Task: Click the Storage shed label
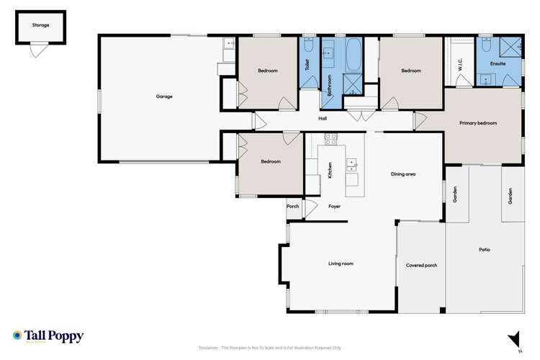[x=40, y=24]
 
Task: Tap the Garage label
[x=164, y=96]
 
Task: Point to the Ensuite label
[x=498, y=64]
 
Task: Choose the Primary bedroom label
[x=478, y=123]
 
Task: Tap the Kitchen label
[x=330, y=171]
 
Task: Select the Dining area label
[x=402, y=174]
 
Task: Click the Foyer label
[x=334, y=207]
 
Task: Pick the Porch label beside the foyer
[x=292, y=207]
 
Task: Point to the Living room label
[x=341, y=264]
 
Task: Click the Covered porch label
[x=421, y=265]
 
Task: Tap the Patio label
[x=485, y=250]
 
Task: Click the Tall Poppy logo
[x=48, y=336]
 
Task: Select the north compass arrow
[x=513, y=338]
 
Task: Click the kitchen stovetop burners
[x=331, y=138]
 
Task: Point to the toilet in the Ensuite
[x=486, y=47]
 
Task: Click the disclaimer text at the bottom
[x=278, y=348]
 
